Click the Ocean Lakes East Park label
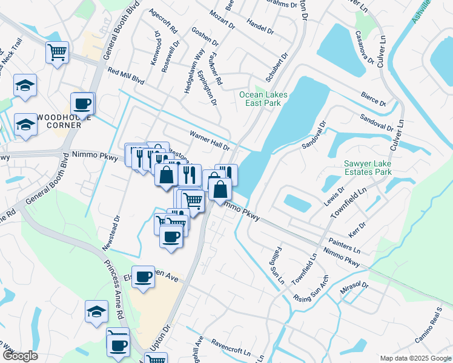pyautogui.click(x=263, y=99)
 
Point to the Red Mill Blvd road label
pyautogui.click(x=126, y=75)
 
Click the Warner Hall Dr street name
pyautogui.click(x=210, y=140)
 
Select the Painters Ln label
pyautogui.click(x=345, y=243)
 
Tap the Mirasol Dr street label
pyautogui.click(x=354, y=286)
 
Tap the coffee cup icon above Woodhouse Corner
pyautogui.click(x=82, y=103)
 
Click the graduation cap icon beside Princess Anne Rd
pyautogui.click(x=96, y=312)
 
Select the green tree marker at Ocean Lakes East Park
pyautogui.click(x=260, y=93)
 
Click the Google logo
pyautogui.click(x=19, y=356)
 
